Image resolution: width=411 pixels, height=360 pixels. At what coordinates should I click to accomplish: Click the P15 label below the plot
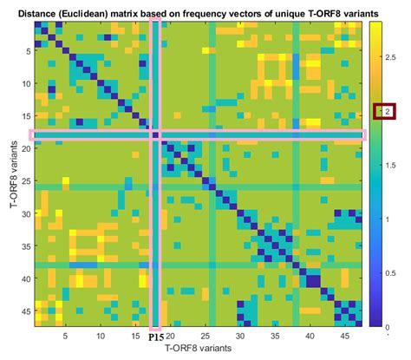[156, 338]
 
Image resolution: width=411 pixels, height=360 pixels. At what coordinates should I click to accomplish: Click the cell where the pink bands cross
[156, 135]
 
